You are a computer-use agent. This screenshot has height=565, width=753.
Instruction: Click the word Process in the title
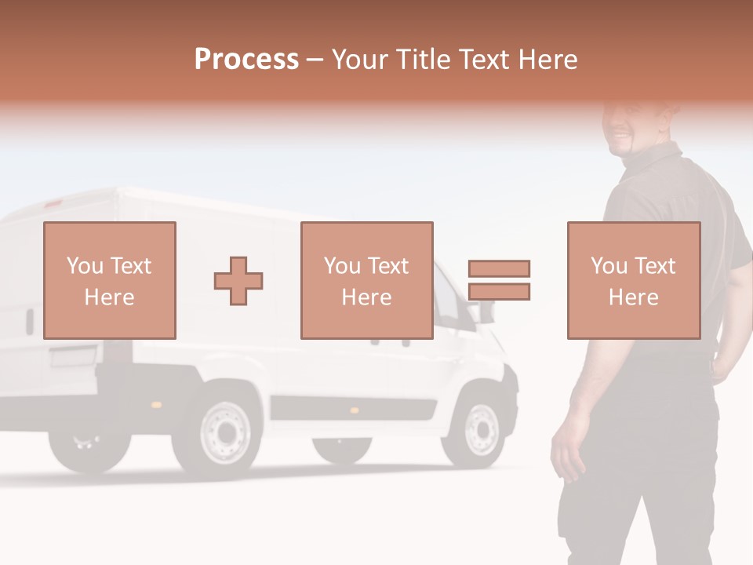(246, 60)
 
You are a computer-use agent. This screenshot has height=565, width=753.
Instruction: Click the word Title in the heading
(424, 60)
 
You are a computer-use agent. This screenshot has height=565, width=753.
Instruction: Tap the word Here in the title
(546, 60)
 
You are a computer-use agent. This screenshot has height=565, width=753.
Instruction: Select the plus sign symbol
(238, 280)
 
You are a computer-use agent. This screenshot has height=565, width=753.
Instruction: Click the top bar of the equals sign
(499, 268)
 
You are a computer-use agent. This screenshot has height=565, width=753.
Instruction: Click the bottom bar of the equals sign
(499, 291)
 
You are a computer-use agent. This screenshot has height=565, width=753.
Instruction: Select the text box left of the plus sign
(109, 280)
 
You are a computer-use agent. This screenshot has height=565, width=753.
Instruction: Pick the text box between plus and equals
(366, 280)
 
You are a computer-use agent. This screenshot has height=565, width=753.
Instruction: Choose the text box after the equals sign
(633, 280)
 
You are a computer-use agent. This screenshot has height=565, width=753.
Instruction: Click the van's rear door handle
(30, 321)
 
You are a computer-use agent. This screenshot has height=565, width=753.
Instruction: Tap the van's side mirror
(486, 310)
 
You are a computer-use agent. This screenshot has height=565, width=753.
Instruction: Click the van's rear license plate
(73, 358)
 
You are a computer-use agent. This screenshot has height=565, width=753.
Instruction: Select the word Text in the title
(483, 60)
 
